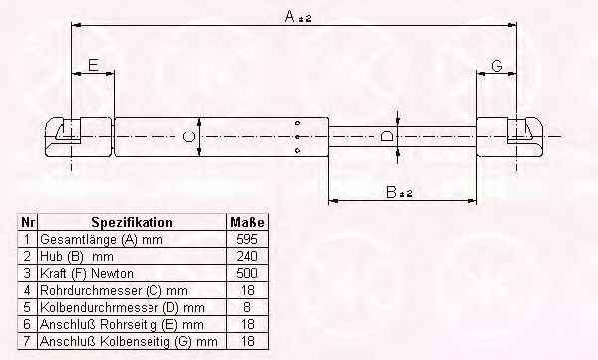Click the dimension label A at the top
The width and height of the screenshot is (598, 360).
(290, 16)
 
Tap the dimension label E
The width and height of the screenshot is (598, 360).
(93, 65)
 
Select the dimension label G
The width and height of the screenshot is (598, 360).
(497, 66)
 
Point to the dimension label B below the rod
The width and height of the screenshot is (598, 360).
(391, 192)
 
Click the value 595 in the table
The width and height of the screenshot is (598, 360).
(247, 239)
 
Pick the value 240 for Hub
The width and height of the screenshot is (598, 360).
(247, 256)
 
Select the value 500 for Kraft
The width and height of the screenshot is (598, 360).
(247, 273)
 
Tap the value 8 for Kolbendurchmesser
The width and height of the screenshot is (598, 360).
(247, 307)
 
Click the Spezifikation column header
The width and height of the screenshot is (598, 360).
(132, 222)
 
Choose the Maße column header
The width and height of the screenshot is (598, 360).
(247, 222)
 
